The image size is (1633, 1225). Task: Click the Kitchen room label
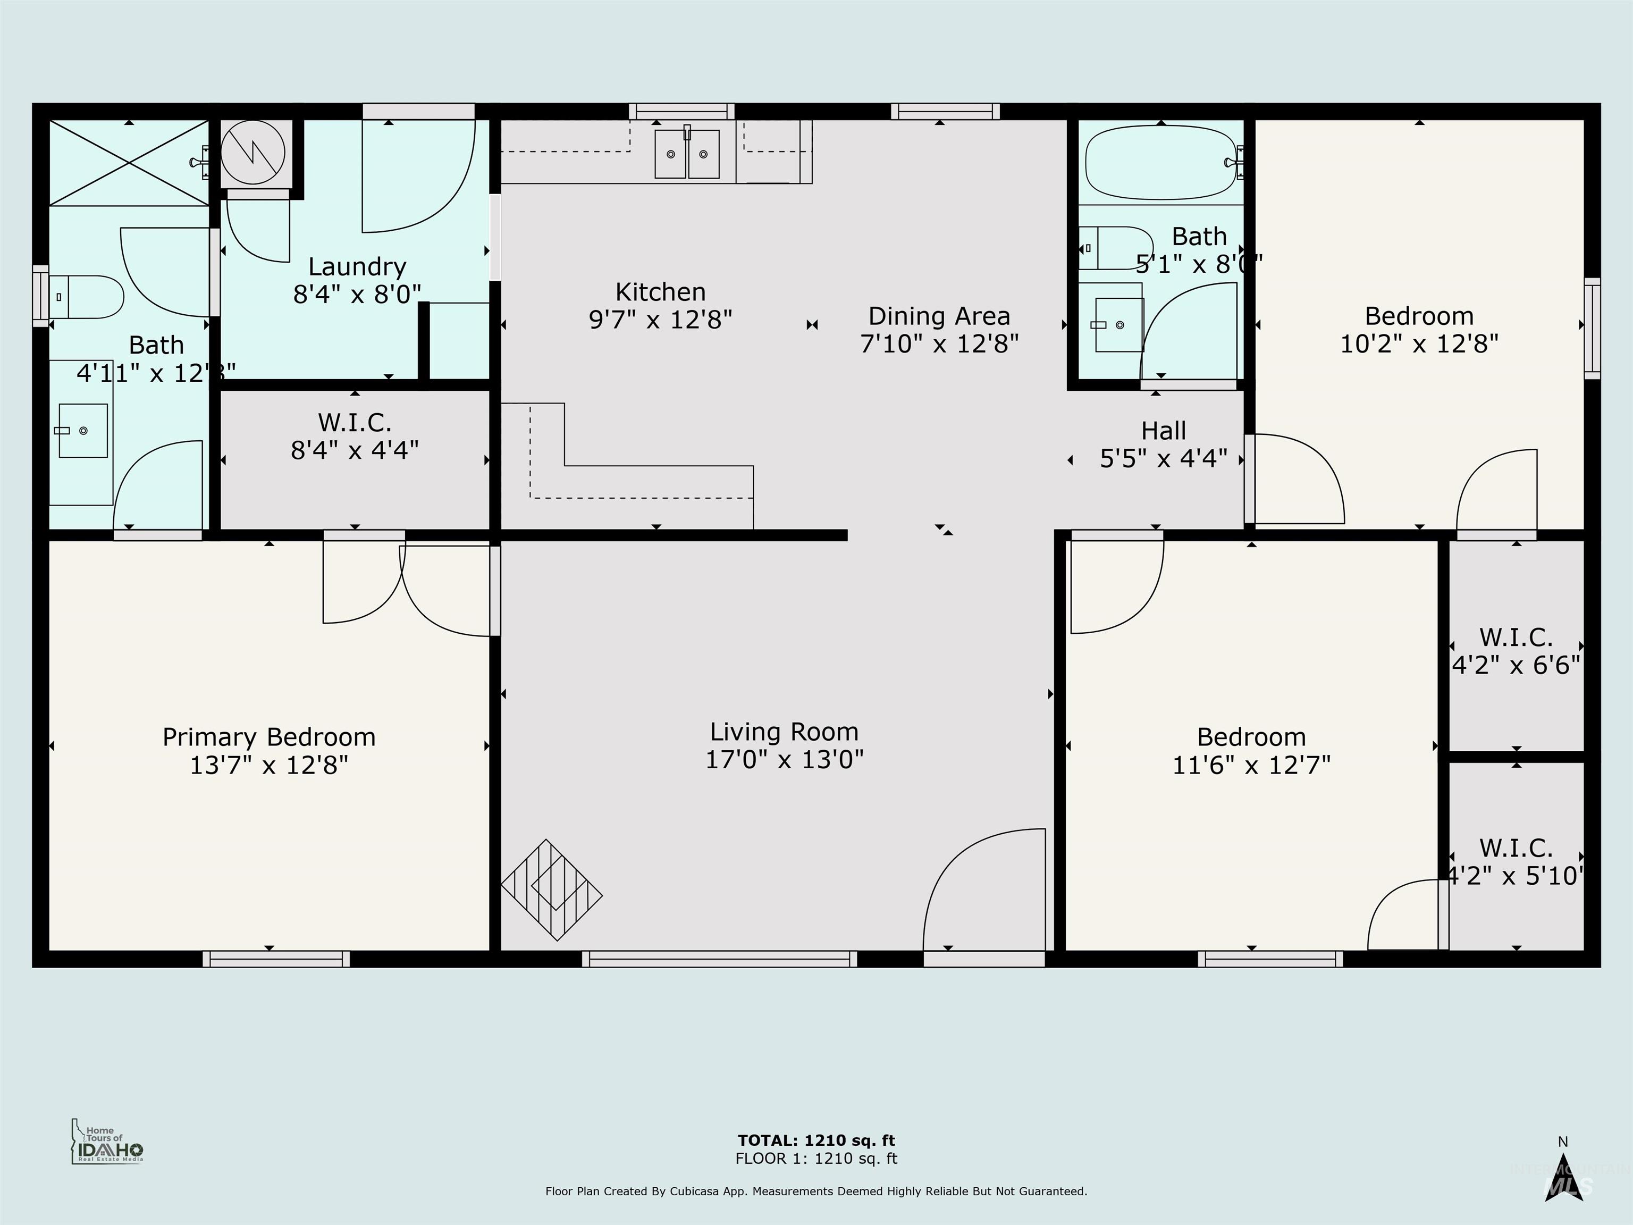660,292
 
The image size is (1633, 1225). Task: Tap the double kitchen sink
687,154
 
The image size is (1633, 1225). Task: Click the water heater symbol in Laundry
253,153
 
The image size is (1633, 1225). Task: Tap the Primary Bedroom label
269,737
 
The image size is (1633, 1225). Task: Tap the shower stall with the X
129,163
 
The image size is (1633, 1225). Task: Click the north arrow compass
1562,1179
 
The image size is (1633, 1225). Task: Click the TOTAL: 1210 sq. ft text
816,1140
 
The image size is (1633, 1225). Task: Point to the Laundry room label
357,266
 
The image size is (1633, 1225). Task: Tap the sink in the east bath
1118,325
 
